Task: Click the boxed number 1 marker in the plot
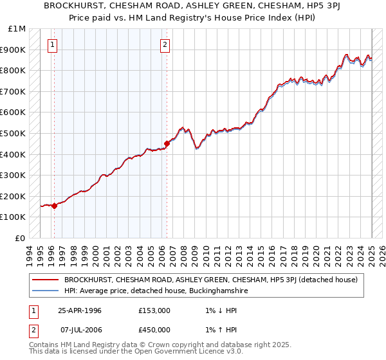pyautogui.click(x=52, y=44)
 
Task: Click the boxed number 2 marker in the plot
pyautogui.click(x=165, y=44)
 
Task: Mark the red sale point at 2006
pyautogui.click(x=167, y=143)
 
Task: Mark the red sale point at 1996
pyautogui.click(x=54, y=206)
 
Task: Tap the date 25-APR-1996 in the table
pyautogui.click(x=80, y=310)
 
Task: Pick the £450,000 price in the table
pyautogui.click(x=154, y=330)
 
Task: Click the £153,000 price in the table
pyautogui.click(x=154, y=310)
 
